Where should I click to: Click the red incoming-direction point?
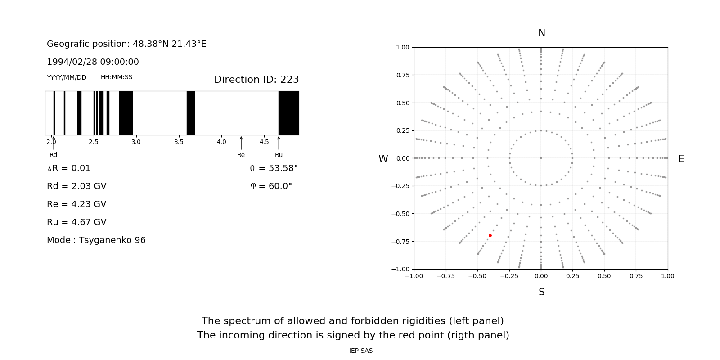click(490, 235)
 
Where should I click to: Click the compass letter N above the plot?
click(541, 33)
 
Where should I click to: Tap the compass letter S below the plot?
click(541, 292)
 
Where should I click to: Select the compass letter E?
click(681, 159)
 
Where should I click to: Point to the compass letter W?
click(383, 159)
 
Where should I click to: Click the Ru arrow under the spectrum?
click(279, 143)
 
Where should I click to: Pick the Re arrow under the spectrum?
click(241, 143)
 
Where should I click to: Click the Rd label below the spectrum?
click(53, 155)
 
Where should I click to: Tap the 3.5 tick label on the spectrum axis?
click(179, 142)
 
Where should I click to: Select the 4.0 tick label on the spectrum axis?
click(221, 142)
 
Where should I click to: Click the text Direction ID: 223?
click(256, 80)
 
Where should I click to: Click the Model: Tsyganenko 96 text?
click(96, 240)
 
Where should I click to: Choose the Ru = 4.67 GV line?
click(76, 222)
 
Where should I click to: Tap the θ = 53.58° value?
click(274, 168)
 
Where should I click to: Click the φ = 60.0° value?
click(271, 186)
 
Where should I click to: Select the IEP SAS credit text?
click(361, 351)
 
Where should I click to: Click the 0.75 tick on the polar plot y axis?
click(402, 75)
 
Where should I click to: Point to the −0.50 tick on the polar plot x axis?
click(477, 276)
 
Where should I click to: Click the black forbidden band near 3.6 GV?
click(191, 113)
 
